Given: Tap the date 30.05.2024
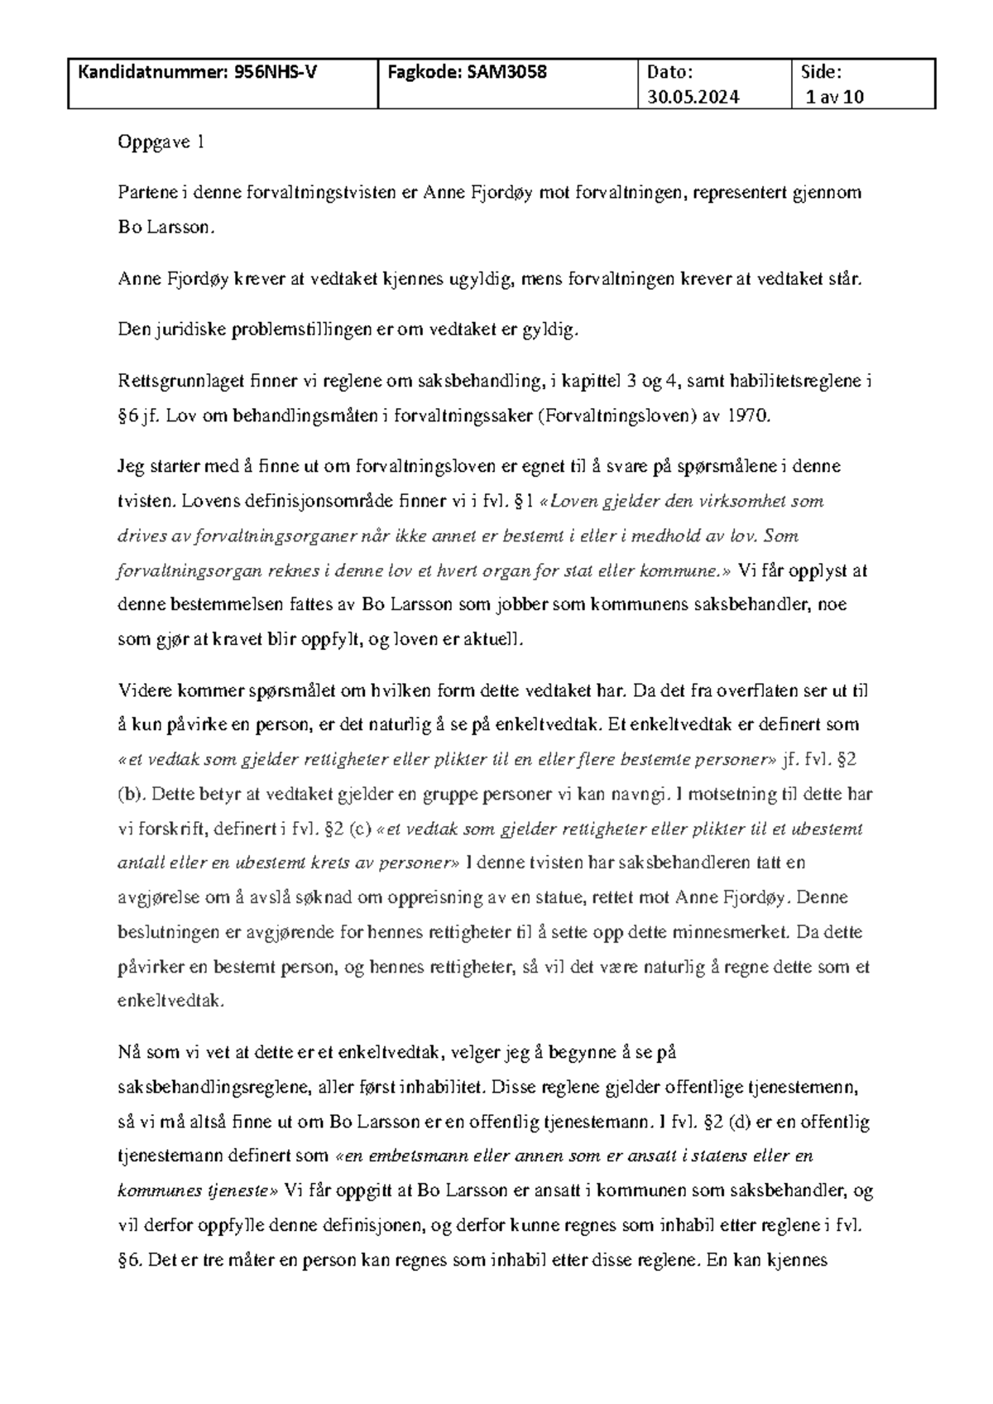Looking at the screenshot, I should [x=693, y=97].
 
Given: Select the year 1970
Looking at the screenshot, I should [x=747, y=416].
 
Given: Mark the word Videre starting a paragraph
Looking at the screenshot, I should [x=143, y=690].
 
